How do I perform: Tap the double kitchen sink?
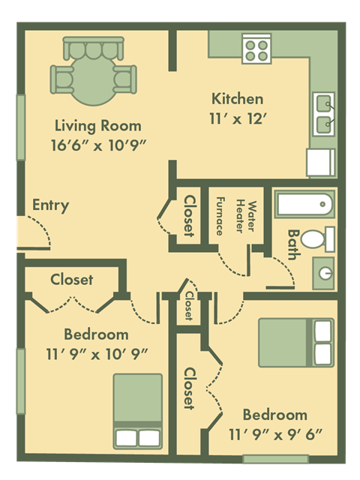click(x=324, y=112)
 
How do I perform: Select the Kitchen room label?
click(x=237, y=98)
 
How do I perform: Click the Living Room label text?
click(x=98, y=125)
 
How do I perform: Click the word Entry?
click(x=50, y=205)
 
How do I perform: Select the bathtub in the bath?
click(x=303, y=204)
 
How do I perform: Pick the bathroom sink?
click(x=324, y=271)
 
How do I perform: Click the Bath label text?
click(x=293, y=244)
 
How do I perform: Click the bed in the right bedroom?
click(x=295, y=343)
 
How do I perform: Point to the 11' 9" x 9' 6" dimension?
click(x=275, y=433)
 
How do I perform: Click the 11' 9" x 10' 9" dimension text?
click(x=95, y=352)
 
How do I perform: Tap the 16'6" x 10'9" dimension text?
click(x=98, y=144)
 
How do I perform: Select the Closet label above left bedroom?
click(x=72, y=280)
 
